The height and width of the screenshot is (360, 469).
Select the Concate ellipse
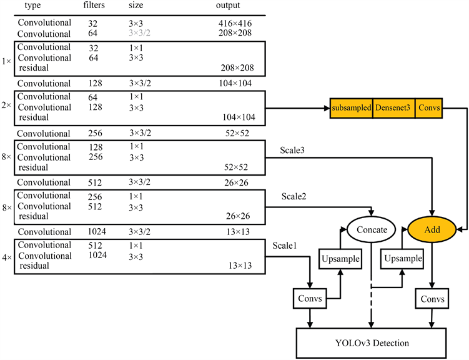372,229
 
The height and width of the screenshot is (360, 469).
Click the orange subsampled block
352,108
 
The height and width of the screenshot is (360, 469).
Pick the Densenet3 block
393,108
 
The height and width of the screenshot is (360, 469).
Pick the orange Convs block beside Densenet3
430,108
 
